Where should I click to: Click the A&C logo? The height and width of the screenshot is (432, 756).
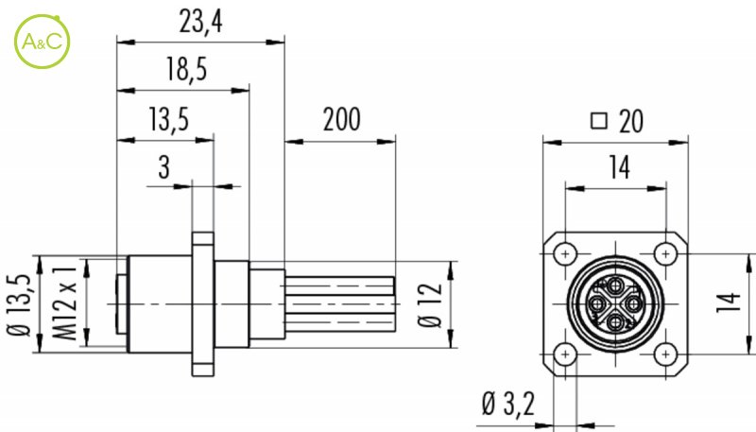point(42,42)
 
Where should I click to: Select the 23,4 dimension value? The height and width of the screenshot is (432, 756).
point(200,22)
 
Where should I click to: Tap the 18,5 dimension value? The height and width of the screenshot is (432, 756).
point(186,69)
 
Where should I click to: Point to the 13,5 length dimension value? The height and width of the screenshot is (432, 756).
point(169,119)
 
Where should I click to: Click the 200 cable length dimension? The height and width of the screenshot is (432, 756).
point(341,119)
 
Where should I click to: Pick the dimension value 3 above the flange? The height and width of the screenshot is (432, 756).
point(164,167)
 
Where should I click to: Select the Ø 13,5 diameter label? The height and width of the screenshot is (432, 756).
point(19,304)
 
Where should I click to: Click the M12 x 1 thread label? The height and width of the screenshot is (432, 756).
point(64,303)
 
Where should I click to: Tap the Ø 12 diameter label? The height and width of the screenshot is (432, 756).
point(429,304)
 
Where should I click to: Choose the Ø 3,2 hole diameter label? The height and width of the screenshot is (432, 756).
point(508,404)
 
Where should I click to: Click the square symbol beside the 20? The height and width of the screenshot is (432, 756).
point(599,121)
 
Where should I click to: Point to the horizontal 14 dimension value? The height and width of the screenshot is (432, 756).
point(619,167)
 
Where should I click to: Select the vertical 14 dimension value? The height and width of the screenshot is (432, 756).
point(728,302)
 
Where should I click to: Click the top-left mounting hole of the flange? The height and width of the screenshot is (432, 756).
point(565,253)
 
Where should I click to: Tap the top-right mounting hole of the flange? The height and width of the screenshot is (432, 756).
point(665,253)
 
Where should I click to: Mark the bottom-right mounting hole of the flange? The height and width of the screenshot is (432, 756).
point(665,354)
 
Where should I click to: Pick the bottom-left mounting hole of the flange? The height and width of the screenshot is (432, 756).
point(565,354)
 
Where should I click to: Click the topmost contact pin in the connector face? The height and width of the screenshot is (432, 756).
point(615,286)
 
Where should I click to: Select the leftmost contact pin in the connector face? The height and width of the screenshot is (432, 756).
point(598,304)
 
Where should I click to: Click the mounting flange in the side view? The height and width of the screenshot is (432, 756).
point(203,304)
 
